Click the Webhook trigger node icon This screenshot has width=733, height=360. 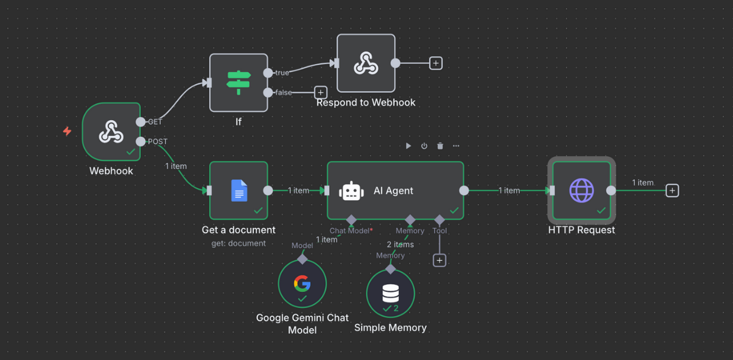coord(111,131)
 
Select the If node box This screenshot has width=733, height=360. coord(239,83)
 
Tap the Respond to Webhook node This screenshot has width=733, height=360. coord(366,63)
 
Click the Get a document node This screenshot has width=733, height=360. coord(239,191)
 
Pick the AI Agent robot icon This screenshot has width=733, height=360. coord(351,191)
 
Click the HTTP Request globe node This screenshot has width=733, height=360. coord(581,191)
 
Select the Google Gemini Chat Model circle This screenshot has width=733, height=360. coord(302,284)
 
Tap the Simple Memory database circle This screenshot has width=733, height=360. coord(390,293)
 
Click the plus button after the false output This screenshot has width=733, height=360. coord(320,92)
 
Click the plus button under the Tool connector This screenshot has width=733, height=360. coord(439,260)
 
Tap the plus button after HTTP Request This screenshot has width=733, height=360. coord(672,191)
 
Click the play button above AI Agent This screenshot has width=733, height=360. coord(409,146)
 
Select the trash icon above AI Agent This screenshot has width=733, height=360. coord(440,146)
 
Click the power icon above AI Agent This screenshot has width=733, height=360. coord(424,146)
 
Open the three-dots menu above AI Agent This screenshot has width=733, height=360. coord(456,146)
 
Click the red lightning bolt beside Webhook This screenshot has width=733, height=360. coord(67,131)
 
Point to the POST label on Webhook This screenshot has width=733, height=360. coord(157,142)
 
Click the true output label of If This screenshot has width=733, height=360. coord(282,73)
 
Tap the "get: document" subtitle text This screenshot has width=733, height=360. coord(239,243)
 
